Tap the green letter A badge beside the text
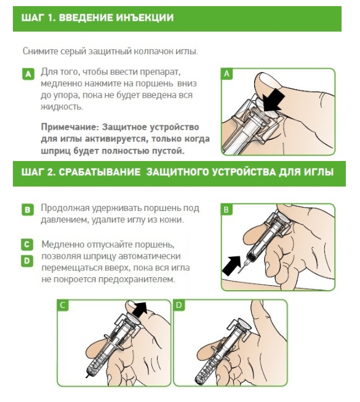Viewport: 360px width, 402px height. tap(28, 74)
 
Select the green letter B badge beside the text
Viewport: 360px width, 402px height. tap(28, 210)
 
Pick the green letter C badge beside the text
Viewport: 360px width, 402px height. tap(27, 244)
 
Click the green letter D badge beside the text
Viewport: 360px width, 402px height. tap(27, 261)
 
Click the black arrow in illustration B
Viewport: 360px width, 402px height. tap(232, 266)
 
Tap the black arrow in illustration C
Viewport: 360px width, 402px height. tap(140, 308)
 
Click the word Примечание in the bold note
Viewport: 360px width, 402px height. tap(70, 127)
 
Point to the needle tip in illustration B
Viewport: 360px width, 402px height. tap(239, 273)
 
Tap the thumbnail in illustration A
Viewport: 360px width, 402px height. tap(262, 79)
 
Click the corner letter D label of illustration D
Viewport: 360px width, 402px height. tap(179, 305)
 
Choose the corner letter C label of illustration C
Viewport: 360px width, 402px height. tap(63, 305)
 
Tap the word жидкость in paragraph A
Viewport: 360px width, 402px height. tap(62, 106)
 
